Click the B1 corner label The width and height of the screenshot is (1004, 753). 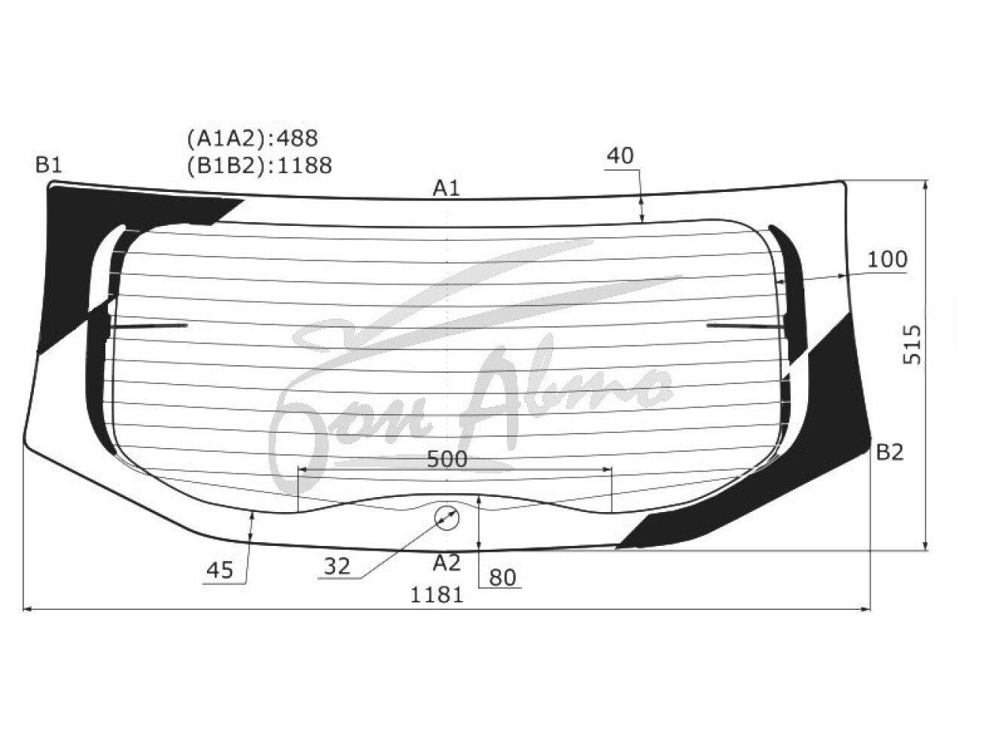[48, 165]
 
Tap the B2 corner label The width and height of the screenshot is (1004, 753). [890, 452]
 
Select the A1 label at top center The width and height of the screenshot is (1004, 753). [447, 188]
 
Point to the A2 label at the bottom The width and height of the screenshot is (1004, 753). [447, 563]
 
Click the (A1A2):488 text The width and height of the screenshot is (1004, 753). [252, 138]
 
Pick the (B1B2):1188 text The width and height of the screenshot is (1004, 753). [259, 166]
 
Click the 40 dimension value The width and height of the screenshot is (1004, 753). [620, 156]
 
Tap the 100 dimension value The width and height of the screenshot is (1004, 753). [887, 260]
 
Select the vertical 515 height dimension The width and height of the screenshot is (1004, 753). [912, 345]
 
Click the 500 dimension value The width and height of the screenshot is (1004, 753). [447, 459]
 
